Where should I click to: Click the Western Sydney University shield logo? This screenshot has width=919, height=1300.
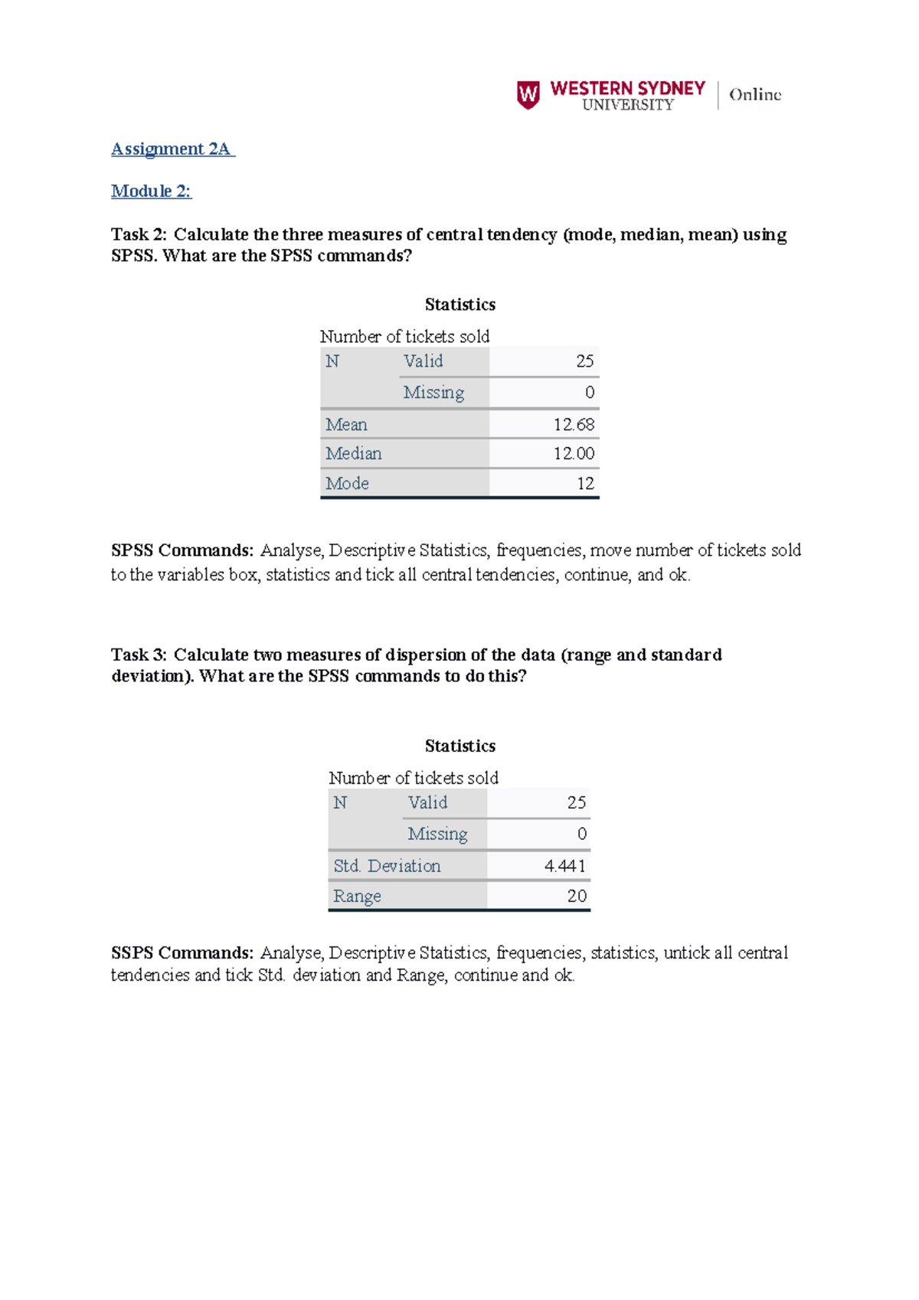coord(528,95)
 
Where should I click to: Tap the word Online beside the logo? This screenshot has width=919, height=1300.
coord(754,95)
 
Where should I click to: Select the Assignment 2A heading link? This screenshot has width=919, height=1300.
coord(172,149)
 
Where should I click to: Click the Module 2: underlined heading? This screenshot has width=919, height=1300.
coord(151,191)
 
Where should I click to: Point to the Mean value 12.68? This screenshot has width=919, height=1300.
coord(574,424)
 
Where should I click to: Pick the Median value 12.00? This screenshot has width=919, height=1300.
coord(574,453)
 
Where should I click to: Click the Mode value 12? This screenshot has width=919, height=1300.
coord(585,483)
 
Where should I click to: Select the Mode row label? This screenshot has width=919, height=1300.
coord(347,483)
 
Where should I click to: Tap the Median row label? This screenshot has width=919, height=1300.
coord(353,453)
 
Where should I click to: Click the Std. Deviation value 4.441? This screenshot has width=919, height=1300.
coord(565,866)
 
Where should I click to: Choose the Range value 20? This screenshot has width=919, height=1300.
coord(577,896)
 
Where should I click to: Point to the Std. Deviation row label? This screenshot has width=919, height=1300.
coord(387,866)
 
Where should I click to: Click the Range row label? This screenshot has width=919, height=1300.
coord(357,896)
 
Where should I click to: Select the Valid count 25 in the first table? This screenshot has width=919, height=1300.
coord(584,361)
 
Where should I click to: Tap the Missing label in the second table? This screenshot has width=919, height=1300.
coord(437,834)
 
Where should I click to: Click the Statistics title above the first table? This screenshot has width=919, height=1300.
coord(459,305)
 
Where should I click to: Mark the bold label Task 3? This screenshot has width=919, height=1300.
coord(139,655)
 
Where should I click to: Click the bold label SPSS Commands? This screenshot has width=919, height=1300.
coord(182,550)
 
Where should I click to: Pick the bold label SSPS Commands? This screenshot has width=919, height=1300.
coord(182,953)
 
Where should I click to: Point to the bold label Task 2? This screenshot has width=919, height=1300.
coord(139,234)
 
